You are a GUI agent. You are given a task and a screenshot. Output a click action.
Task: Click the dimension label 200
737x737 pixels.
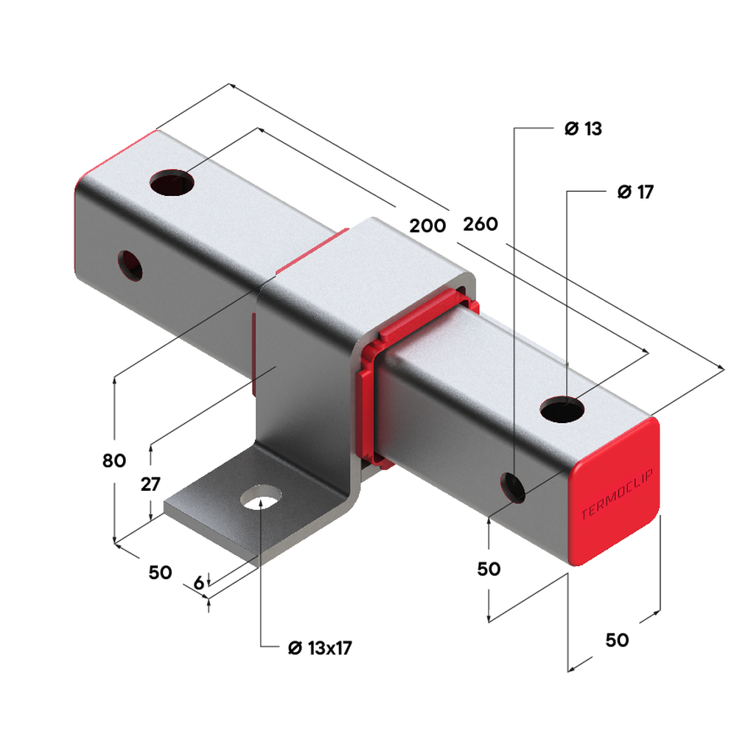(x=427, y=226)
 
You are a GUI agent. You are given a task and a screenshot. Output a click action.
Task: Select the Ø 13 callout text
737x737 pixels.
(x=583, y=129)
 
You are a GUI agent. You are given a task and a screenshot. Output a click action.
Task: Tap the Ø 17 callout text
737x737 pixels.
(x=635, y=192)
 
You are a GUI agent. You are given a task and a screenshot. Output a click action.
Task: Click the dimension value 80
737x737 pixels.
(x=114, y=461)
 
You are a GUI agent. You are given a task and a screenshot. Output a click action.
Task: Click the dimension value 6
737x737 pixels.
(x=198, y=582)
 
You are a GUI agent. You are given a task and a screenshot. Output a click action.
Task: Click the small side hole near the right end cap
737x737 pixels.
(x=513, y=486)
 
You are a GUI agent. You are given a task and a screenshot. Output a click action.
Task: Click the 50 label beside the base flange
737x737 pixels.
(x=160, y=572)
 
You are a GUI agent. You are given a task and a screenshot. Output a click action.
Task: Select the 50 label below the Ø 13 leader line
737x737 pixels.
(x=489, y=569)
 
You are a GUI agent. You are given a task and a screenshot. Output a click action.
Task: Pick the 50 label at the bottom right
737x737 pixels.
(x=617, y=640)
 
